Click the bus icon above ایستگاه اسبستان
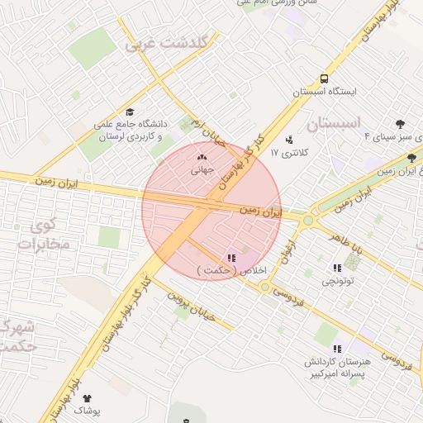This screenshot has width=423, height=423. [x=323, y=78]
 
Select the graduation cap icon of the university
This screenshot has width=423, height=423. [x=129, y=112]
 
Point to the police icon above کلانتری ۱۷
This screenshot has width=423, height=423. [x=288, y=139]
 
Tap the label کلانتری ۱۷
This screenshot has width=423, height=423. [x=298, y=153]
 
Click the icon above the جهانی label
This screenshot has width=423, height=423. [x=202, y=157]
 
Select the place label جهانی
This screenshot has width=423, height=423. [x=202, y=171]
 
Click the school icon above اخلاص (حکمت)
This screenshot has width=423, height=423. [x=231, y=258]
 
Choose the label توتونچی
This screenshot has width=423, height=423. [x=338, y=282]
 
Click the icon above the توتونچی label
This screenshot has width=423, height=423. [x=337, y=268]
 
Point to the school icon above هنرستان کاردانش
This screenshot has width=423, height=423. [x=336, y=349]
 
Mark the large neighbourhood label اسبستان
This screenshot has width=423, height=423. [x=335, y=124]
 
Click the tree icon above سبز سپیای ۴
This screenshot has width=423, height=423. [x=401, y=124]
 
